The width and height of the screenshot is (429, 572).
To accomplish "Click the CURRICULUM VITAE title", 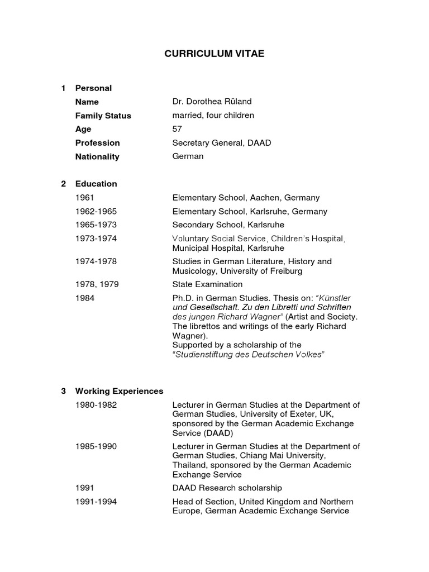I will coord(214,54).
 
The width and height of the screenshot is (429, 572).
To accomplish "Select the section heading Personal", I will coord(93,88).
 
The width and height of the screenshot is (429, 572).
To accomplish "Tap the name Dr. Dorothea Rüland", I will coord(212,102).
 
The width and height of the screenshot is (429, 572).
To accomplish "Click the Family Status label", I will coord(103,116).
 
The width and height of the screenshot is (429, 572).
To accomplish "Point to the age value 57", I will coord(178,129).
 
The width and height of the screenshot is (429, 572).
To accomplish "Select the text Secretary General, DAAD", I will coord(222,143).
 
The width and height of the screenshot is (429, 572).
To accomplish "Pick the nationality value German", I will coord(188,156).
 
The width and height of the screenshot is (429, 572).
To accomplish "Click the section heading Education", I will coord(96,184).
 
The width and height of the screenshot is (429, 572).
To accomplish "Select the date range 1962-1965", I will coord(96,212).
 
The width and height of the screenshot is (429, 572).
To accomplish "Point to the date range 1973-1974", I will coord(96,239).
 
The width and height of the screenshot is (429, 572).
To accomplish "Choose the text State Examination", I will coord(207,284).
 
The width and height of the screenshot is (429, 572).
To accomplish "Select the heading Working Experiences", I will coord(119,391).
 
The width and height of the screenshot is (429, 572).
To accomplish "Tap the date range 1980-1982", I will coord(96,405).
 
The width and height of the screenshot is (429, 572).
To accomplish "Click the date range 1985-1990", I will coord(96,446).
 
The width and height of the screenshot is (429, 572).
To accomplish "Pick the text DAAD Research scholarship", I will coord(227,488).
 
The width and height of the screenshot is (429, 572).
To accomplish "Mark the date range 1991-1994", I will coord(96,502).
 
